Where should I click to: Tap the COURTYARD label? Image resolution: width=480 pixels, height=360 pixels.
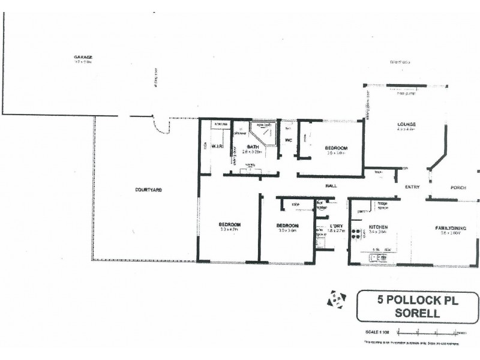(148, 190)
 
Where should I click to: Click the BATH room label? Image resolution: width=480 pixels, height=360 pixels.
(253, 146)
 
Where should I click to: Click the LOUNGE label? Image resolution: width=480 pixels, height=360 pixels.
(406, 125)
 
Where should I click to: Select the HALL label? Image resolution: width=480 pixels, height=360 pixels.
(331, 186)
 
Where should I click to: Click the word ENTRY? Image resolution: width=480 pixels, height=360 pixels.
(412, 187)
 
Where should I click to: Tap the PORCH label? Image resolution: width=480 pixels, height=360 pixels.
(458, 187)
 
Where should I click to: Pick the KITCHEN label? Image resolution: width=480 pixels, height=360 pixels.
(378, 227)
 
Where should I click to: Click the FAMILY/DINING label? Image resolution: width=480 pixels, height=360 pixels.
(451, 227)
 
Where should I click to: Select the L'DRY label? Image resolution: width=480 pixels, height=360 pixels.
(336, 226)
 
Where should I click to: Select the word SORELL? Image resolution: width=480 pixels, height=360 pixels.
(418, 313)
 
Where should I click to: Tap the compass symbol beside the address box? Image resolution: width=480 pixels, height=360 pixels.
(335, 299)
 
